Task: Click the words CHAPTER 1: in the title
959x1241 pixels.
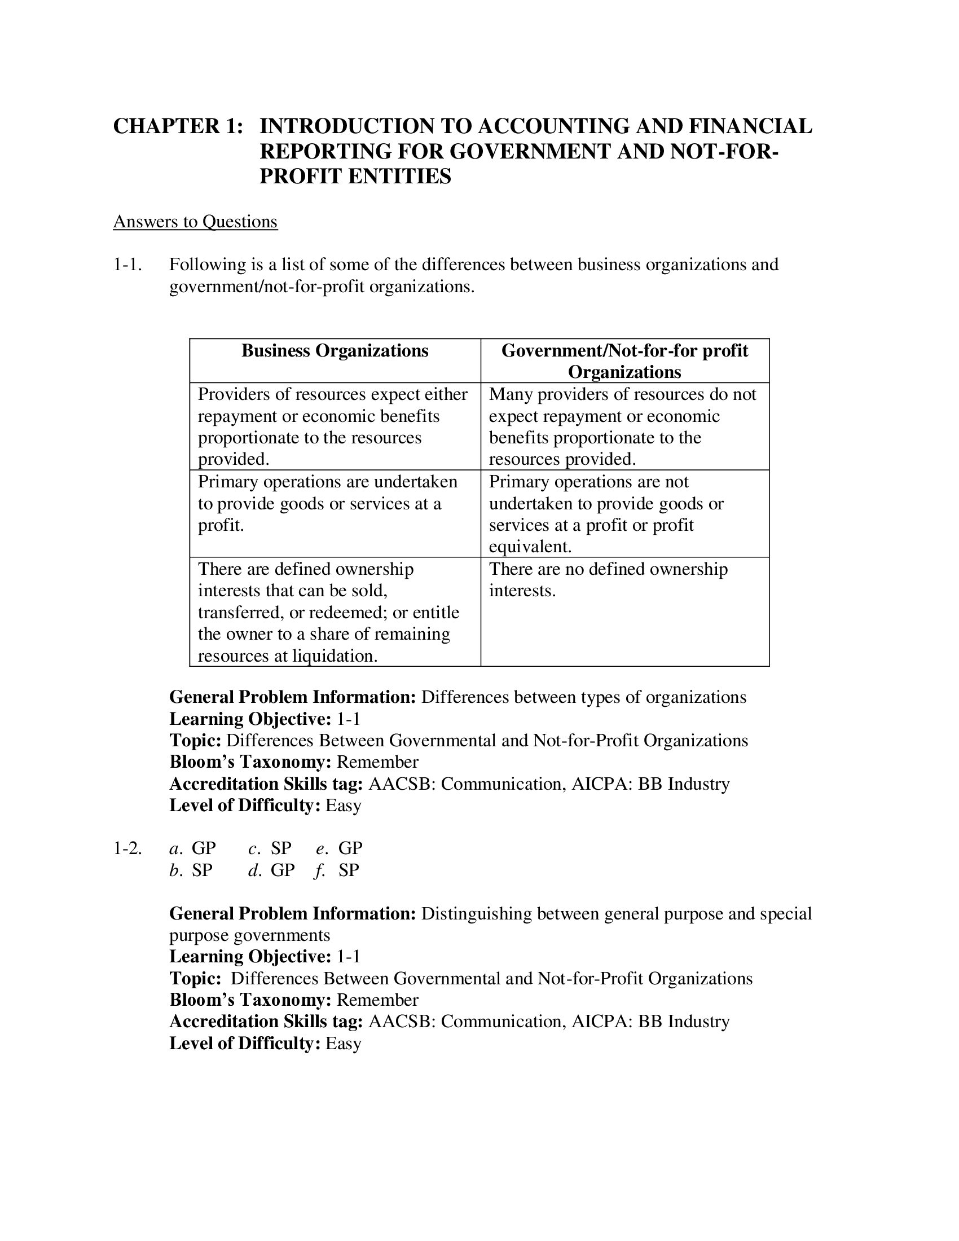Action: pyautogui.click(x=178, y=126)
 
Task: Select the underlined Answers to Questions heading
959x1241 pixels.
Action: pyautogui.click(x=195, y=221)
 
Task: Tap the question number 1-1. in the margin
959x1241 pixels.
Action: pyautogui.click(x=127, y=264)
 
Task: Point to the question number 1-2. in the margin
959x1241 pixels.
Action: pyautogui.click(x=127, y=848)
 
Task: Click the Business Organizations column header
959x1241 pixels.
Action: pyautogui.click(x=335, y=351)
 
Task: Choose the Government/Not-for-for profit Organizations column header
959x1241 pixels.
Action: pyautogui.click(x=624, y=361)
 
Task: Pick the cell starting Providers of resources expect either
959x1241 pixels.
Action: pyautogui.click(x=335, y=426)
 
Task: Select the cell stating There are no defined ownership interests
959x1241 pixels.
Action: pyautogui.click(x=608, y=579)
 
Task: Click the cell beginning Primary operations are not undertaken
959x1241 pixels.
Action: pyautogui.click(x=606, y=514)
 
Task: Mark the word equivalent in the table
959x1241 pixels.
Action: pyautogui.click(x=530, y=547)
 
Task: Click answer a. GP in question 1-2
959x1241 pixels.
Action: pyautogui.click(x=192, y=848)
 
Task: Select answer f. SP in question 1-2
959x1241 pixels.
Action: pyautogui.click(x=337, y=870)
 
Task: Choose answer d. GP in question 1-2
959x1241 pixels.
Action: pyautogui.click(x=271, y=870)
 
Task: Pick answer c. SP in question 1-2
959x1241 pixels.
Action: pyautogui.click(x=270, y=848)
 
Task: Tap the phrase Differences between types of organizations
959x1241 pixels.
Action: pyautogui.click(x=583, y=697)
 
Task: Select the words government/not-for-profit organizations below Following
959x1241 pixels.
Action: pyautogui.click(x=321, y=287)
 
